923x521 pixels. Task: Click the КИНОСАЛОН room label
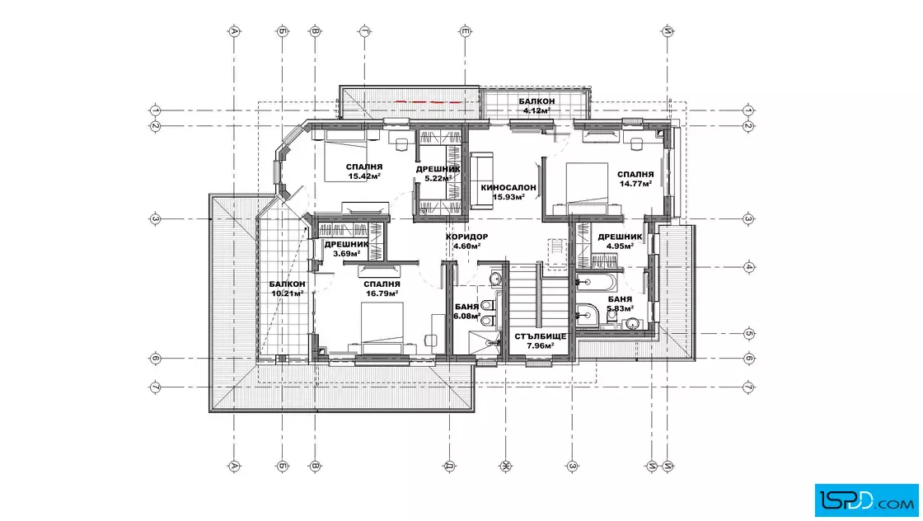[x=508, y=188]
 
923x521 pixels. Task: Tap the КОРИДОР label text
[x=466, y=237]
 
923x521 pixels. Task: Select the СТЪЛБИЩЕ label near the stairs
[x=541, y=336]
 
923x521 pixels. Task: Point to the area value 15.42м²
[x=364, y=176]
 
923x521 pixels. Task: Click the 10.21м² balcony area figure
[x=288, y=293]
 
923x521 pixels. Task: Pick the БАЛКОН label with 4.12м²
[x=536, y=102]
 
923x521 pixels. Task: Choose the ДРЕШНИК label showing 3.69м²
[x=347, y=244]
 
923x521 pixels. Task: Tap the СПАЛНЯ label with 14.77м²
[x=635, y=174]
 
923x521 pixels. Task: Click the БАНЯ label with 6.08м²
[x=466, y=307]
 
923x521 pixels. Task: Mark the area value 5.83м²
[x=621, y=307]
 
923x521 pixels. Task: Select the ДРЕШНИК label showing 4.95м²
[x=621, y=237]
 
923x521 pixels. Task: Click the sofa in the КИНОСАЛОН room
[x=481, y=180]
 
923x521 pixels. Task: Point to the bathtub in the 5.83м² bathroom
[x=596, y=283]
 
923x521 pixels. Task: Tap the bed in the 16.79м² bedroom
[x=382, y=328]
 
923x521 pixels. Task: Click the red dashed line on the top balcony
[x=428, y=101]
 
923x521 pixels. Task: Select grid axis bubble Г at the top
[x=365, y=31]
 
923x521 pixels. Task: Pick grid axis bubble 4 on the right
[x=749, y=266]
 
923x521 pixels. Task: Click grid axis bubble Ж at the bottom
[x=506, y=467]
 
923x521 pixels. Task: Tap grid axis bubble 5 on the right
[x=749, y=333]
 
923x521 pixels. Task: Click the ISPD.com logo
[x=866, y=500]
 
